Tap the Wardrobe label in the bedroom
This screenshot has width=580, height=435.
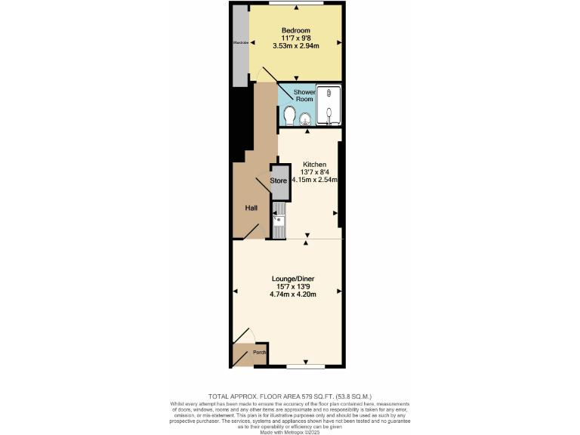point(240,43)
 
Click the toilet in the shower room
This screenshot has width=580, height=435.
point(289,116)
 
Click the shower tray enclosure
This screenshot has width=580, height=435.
point(329,105)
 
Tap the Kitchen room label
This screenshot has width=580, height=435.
point(314,165)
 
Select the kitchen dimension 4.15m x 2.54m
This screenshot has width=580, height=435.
point(314,180)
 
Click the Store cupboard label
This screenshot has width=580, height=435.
point(279,180)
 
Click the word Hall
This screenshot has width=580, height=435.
point(251,208)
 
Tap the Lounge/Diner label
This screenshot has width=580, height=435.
point(293,279)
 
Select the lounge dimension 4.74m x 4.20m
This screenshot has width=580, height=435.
point(293,295)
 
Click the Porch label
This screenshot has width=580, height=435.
point(259,352)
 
